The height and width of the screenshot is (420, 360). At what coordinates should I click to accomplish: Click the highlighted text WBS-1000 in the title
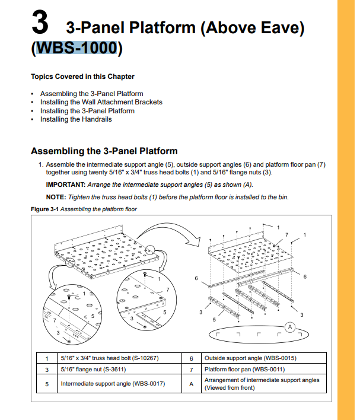75,48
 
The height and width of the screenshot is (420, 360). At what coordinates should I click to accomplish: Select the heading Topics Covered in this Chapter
82,77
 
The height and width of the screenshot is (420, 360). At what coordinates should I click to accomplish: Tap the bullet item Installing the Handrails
75,119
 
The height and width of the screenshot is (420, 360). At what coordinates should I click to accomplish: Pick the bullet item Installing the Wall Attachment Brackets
101,102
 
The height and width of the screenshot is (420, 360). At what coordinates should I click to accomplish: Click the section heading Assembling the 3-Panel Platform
104,151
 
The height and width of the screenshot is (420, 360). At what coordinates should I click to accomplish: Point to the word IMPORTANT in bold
65,184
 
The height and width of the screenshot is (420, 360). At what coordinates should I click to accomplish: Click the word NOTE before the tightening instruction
56,197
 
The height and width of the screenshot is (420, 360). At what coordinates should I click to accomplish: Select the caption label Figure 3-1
44,209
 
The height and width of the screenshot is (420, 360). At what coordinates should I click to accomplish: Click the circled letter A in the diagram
290,327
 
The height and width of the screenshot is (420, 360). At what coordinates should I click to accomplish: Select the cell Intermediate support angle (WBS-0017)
113,384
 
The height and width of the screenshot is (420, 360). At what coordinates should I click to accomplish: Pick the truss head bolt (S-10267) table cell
110,358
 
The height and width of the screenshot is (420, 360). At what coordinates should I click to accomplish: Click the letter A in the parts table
191,384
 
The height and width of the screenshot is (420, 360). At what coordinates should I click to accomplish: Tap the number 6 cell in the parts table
191,358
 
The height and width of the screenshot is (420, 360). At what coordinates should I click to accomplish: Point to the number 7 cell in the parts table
191,370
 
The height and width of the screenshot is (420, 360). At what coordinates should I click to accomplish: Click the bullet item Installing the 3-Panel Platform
87,111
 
